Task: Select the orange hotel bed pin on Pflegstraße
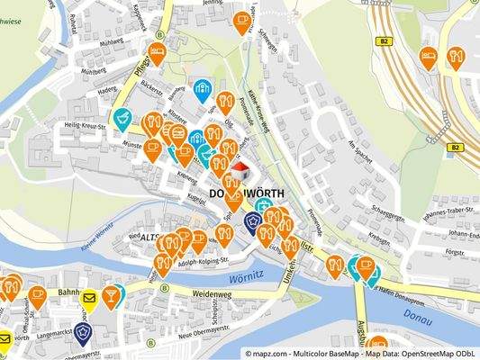(x=157, y=52)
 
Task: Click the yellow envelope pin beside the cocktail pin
(x=89, y=299)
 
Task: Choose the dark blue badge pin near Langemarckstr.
(x=84, y=333)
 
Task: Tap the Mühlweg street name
(x=112, y=41)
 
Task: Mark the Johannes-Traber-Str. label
(x=438, y=215)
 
